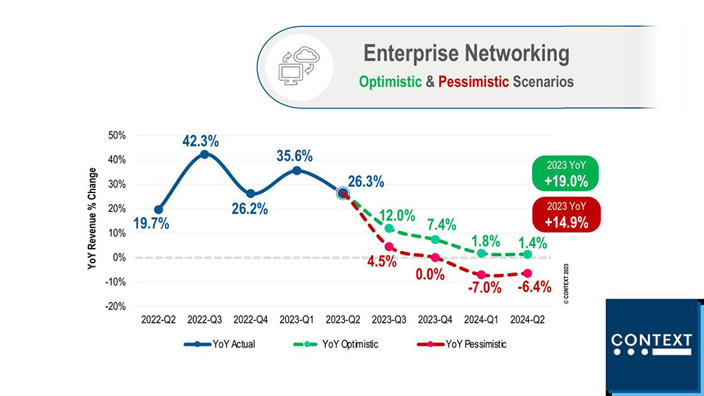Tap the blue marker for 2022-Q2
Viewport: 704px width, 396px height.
[x=158, y=209]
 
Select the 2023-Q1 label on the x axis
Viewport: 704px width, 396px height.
[x=296, y=319]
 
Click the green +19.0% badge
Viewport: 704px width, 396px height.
[x=566, y=174]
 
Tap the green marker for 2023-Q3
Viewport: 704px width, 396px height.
[x=389, y=228]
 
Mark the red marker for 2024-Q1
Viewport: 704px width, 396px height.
[x=482, y=275]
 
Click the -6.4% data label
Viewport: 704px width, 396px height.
[x=534, y=287]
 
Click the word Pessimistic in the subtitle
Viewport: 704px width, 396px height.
[x=473, y=82]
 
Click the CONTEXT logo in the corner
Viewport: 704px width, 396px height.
[x=651, y=343]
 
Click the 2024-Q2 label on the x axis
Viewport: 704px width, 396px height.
[x=527, y=319]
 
